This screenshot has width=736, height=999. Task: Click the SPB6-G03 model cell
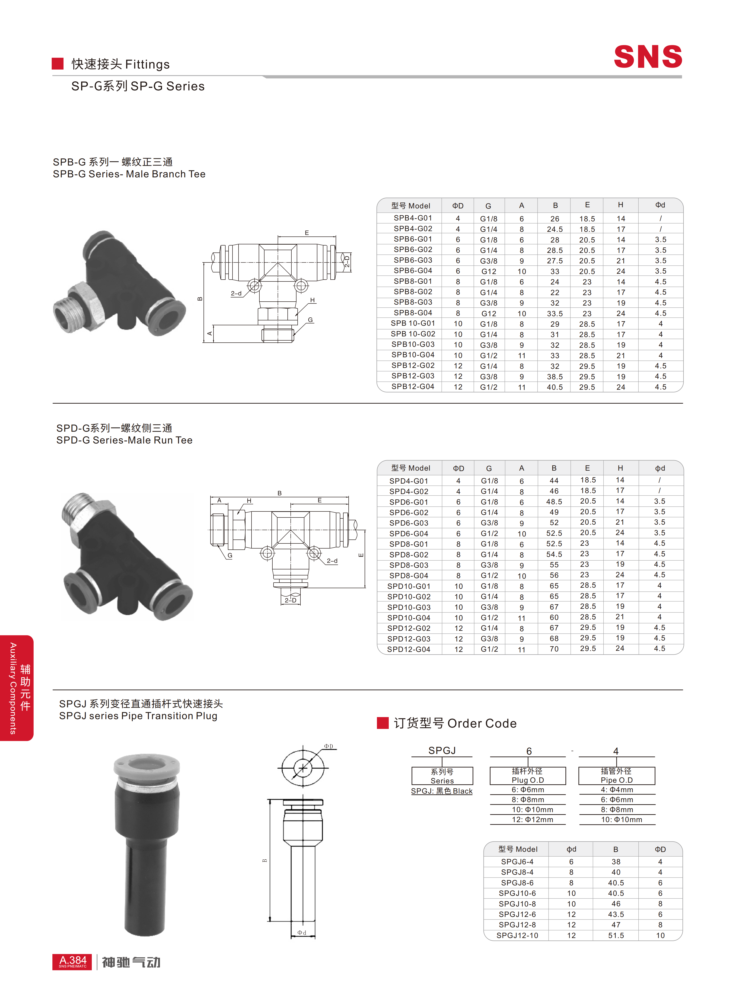(x=413, y=260)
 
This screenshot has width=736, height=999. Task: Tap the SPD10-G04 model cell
(x=408, y=618)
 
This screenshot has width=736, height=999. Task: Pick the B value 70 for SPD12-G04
(x=554, y=649)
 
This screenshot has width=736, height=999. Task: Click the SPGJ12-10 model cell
(x=517, y=935)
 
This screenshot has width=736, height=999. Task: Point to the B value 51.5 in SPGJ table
(x=616, y=935)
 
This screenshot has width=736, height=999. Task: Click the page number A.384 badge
(x=72, y=962)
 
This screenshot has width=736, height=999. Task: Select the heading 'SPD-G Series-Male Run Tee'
(x=124, y=440)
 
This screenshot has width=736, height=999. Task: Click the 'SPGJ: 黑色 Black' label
(x=442, y=791)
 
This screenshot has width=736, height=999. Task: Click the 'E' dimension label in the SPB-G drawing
(x=306, y=233)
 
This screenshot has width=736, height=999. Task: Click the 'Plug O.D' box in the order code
(x=528, y=776)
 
